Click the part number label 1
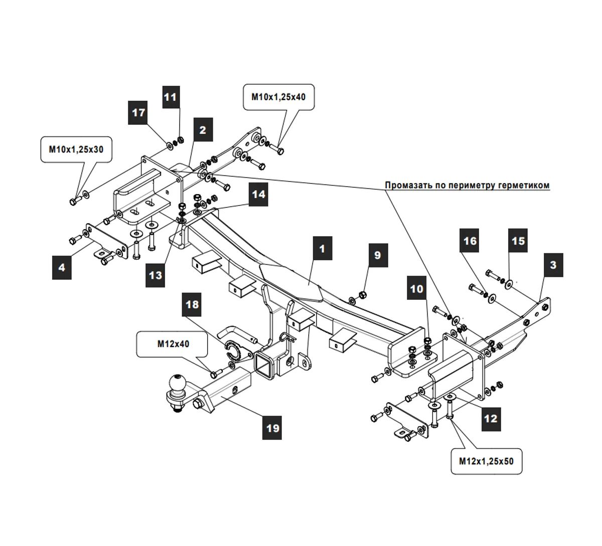pos(322,249)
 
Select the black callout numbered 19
pos(272,428)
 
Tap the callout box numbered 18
pos(192,304)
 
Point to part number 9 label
pos(377,255)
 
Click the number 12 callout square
pos(490,417)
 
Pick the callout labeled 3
pos(553,264)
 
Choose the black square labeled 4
pos(62,267)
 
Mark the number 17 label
pos(138,113)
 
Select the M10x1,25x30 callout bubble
pos(76,149)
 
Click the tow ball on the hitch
pos(178,384)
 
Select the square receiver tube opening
pos(264,363)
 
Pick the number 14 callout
pos(258,194)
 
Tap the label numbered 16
pos(470,241)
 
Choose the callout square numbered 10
pos(417,289)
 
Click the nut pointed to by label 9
pos(363,294)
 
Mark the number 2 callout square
pos(202,130)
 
